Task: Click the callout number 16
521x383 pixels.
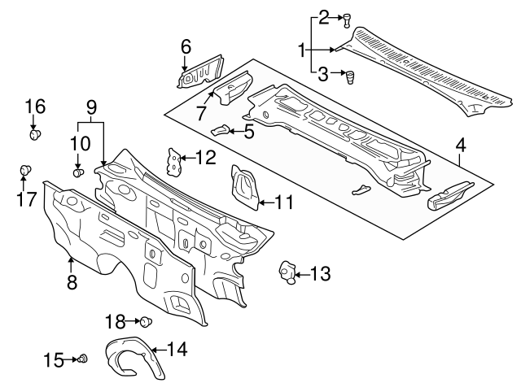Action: click(35, 107)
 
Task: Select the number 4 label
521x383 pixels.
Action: click(461, 146)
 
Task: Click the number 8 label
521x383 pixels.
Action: click(72, 283)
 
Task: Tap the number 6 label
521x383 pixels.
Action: click(186, 47)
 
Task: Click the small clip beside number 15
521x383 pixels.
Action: click(83, 359)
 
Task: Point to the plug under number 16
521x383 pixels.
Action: click(37, 134)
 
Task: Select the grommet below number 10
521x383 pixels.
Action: click(79, 172)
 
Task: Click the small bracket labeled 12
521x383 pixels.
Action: click(173, 160)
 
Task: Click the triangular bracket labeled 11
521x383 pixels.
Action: click(243, 187)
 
